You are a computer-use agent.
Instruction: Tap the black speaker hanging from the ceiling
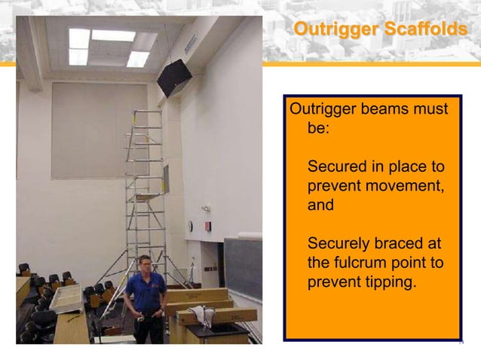point(173,77)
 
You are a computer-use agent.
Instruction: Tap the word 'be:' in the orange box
point(320,128)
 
